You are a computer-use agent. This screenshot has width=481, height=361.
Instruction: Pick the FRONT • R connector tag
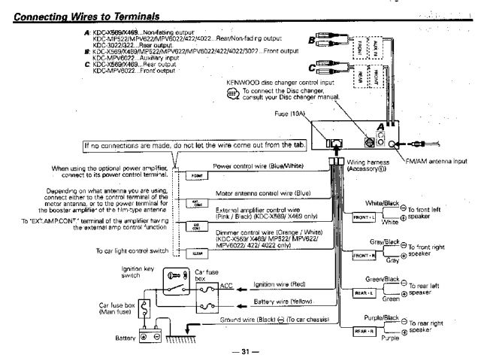(x=364, y=256)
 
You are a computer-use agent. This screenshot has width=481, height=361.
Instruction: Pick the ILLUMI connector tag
(x=195, y=254)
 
